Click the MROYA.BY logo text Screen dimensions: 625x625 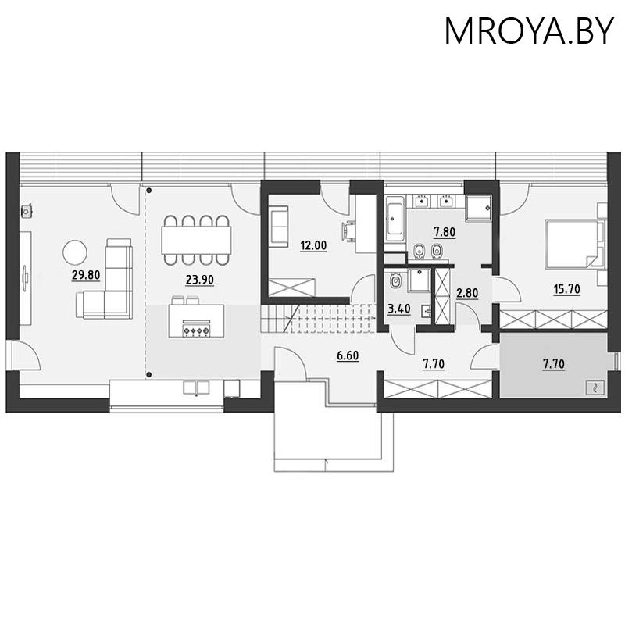pos(528,31)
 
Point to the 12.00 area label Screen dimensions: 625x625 pos(313,245)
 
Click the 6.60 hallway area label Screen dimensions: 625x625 pos(348,357)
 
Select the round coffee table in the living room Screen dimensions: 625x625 pos(76,252)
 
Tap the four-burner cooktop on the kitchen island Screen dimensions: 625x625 pos(196,330)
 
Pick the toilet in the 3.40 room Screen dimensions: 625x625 pos(396,280)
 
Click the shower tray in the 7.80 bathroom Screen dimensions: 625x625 pos(477,206)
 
